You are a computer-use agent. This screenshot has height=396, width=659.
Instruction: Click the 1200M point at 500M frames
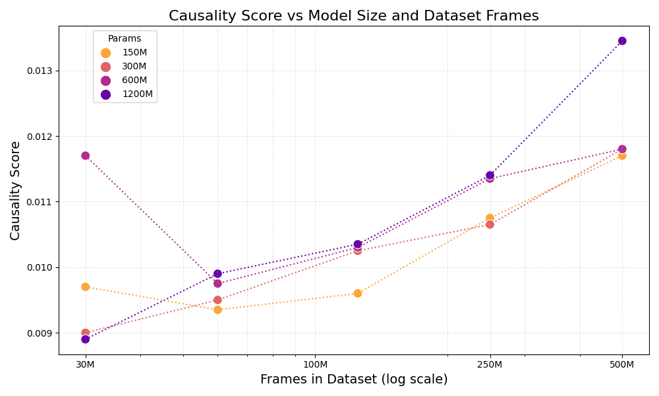[x=622, y=41]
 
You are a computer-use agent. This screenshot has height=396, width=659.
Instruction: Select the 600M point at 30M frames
[x=85, y=156]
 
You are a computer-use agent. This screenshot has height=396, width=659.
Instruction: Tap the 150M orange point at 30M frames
[x=85, y=287]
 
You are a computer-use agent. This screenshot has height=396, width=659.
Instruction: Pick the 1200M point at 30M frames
[x=85, y=339]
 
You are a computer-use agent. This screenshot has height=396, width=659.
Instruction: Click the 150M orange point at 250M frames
[x=490, y=218]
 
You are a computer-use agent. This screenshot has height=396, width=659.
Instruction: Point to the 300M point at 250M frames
[x=490, y=224]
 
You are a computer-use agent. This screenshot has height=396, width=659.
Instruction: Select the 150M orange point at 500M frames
[x=622, y=156]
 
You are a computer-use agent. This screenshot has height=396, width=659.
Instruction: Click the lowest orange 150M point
[x=217, y=310]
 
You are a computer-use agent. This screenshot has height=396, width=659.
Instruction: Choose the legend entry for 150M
[x=134, y=53]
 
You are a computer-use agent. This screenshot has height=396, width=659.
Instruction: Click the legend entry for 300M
[x=134, y=67]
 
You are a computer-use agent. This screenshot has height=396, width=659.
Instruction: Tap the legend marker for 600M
[x=106, y=81]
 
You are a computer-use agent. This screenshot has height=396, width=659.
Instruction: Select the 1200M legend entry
[x=137, y=94]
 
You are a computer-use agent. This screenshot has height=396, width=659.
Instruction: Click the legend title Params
[x=125, y=39]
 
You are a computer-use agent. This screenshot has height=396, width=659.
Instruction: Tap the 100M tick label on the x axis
[x=315, y=365]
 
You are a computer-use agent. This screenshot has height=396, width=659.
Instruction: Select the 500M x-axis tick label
[x=622, y=365]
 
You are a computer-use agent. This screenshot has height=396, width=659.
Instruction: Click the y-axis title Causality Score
[x=15, y=190]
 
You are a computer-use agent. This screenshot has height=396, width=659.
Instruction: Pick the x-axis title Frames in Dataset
[x=353, y=379]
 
